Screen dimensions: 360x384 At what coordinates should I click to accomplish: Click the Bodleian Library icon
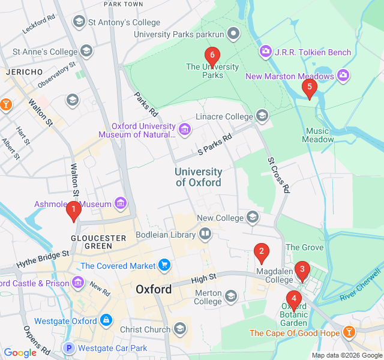pyautogui.click(x=206, y=234)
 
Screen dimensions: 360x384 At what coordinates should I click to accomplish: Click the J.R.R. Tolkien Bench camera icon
pyautogui.click(x=265, y=52)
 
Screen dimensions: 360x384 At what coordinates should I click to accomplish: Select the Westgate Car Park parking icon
pyautogui.click(x=69, y=348)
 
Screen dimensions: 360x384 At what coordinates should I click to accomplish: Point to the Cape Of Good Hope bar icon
pyautogui.click(x=349, y=332)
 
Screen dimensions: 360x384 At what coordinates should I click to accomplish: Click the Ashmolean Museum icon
pyautogui.click(x=122, y=204)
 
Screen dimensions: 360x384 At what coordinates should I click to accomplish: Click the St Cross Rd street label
pyautogui.click(x=279, y=175)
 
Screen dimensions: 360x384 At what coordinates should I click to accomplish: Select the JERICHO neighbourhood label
pyautogui.click(x=24, y=72)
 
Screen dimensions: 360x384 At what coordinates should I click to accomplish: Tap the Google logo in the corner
pyautogui.click(x=20, y=353)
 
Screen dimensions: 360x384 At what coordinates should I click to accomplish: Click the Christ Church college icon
pyautogui.click(x=179, y=329)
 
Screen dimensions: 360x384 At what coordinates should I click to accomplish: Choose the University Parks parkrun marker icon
pyautogui.click(x=234, y=34)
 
